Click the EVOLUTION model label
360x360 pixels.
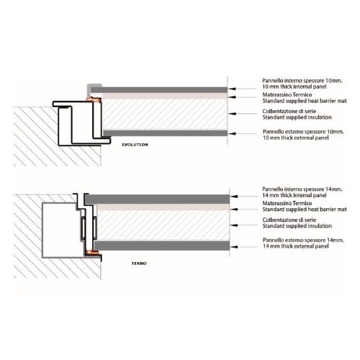[135, 145]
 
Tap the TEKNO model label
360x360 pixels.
[139, 264]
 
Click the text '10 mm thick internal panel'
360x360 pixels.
[294, 86]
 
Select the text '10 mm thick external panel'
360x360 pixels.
[296, 138]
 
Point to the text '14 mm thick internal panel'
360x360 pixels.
[294, 195]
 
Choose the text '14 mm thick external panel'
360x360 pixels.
[296, 246]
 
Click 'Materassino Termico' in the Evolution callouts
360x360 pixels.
[287, 94]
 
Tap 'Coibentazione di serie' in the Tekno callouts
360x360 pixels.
[289, 220]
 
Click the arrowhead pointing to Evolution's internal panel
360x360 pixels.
[230, 89]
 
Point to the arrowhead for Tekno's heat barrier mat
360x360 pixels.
[235, 210]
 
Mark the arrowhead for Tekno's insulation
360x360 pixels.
[235, 225]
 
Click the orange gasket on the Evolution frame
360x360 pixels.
[94, 99]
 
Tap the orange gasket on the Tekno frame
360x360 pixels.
[92, 252]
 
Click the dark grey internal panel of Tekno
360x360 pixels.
[158, 199]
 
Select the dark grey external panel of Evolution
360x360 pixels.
[166, 133]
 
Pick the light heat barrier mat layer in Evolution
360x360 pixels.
[164, 96]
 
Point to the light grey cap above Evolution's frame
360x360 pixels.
[94, 86]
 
